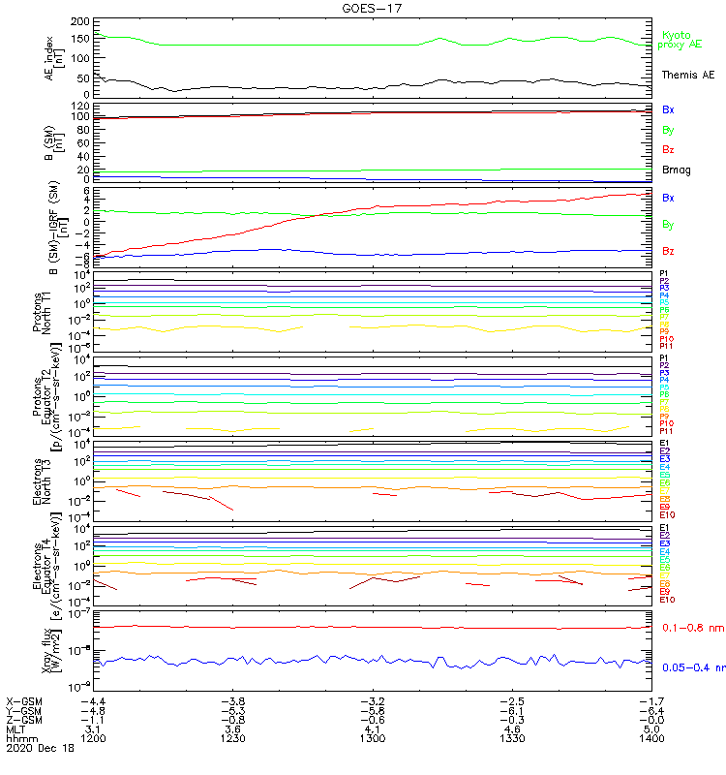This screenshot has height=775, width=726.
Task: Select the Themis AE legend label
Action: [x=686, y=75]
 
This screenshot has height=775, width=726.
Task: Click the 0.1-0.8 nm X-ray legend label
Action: [x=692, y=628]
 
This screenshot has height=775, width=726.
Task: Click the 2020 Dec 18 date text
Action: [x=38, y=749]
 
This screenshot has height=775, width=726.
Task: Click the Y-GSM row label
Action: [x=24, y=709]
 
